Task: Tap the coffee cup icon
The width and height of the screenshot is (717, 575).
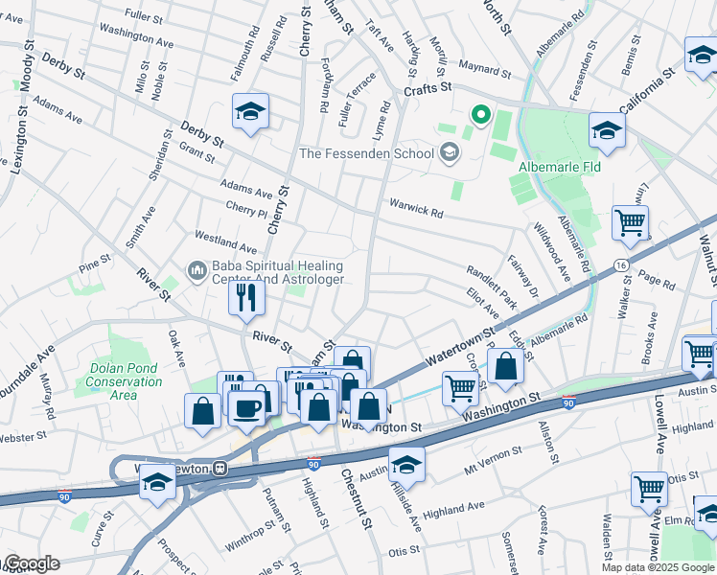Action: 248,407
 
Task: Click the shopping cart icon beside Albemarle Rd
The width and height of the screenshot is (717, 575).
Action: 630,223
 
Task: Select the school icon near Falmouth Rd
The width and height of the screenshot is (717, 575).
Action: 250,112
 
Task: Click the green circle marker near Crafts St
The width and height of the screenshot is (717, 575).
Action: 480,117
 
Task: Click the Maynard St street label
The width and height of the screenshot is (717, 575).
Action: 484,70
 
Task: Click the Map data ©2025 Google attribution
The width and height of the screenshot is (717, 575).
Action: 658,567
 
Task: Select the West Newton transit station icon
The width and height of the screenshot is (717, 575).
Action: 220,469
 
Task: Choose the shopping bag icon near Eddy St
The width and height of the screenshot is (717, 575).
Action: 505,365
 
